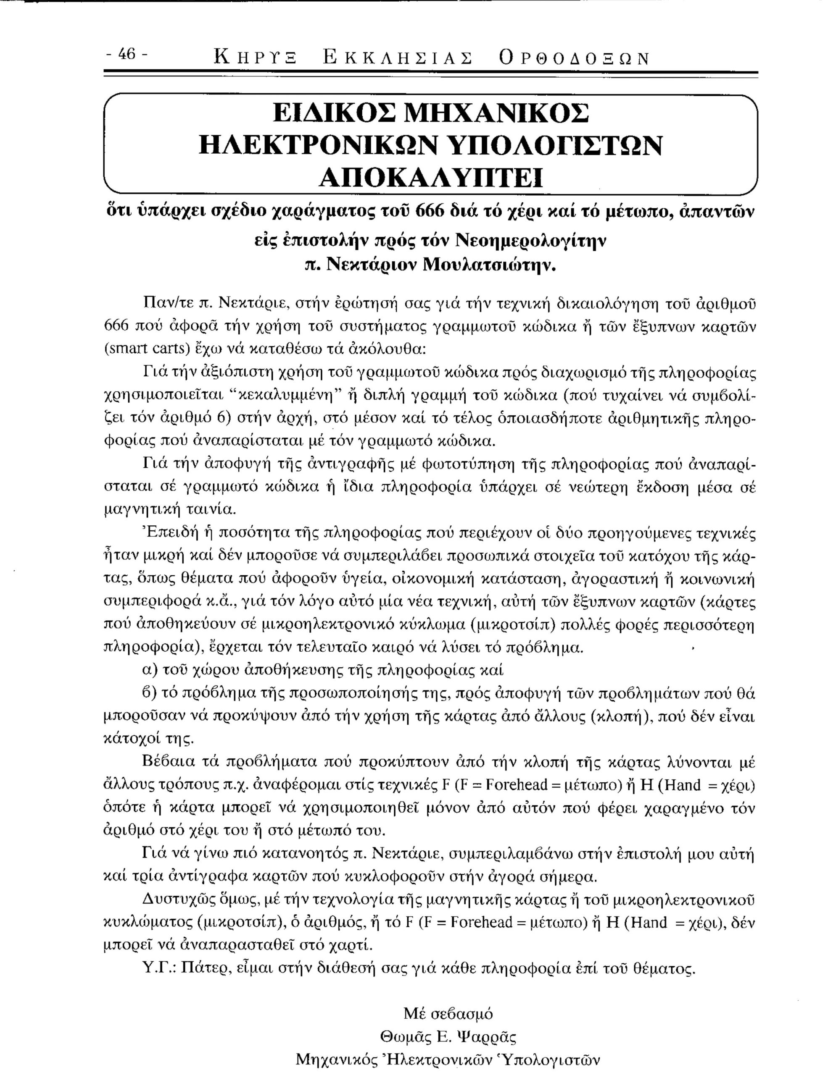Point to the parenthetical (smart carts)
pos(146,349)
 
